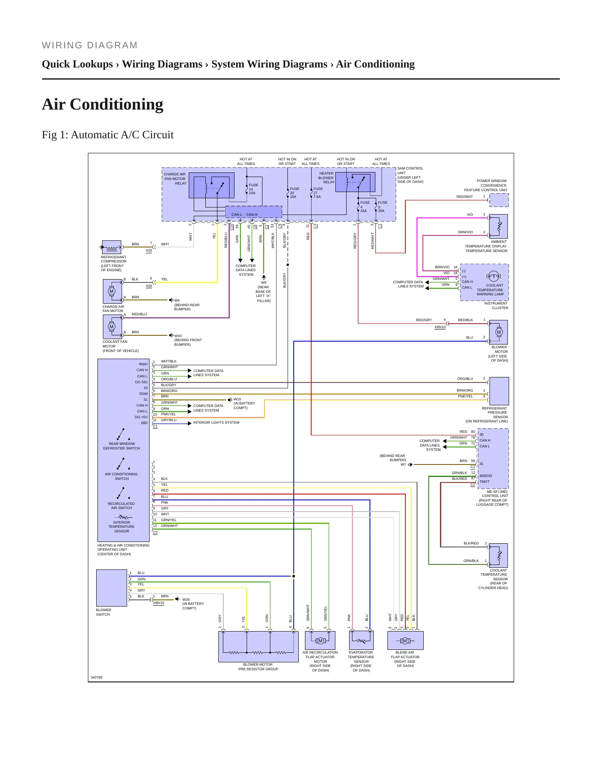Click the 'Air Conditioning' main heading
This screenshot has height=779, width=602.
[x=102, y=105]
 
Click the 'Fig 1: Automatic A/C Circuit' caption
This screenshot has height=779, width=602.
[x=107, y=135]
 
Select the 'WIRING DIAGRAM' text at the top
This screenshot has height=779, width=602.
[x=90, y=45]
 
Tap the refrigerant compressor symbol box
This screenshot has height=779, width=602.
[x=112, y=247]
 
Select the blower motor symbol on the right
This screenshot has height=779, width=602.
[x=498, y=332]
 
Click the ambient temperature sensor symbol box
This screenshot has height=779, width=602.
[x=498, y=226]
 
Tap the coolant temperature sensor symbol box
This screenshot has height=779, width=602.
[x=498, y=555]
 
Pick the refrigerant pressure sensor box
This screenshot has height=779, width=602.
[x=499, y=391]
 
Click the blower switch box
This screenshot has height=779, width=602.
[x=112, y=588]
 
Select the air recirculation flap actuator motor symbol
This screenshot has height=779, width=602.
[x=320, y=640]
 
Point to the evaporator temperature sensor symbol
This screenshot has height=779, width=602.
[x=361, y=640]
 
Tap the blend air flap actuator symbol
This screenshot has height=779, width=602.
[x=405, y=640]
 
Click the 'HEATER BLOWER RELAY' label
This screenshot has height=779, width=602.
[x=326, y=178]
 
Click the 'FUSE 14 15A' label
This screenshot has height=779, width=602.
[x=253, y=189]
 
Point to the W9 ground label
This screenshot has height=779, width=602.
[x=264, y=282]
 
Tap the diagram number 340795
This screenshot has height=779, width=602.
[x=97, y=677]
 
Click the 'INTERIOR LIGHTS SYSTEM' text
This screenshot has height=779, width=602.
[x=216, y=422]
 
